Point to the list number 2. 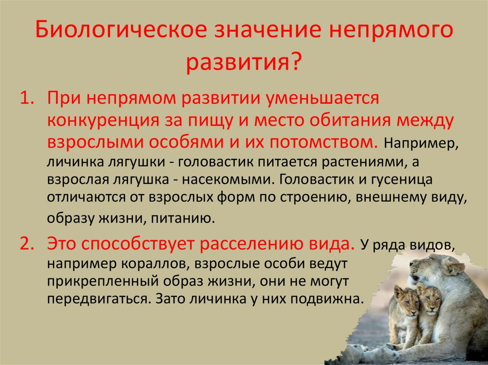tap(26, 245)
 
